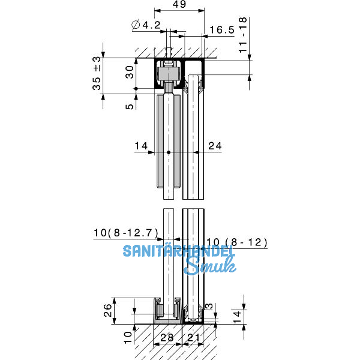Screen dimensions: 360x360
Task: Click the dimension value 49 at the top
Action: tap(180, 5)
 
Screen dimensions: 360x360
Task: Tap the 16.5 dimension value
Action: tap(221, 29)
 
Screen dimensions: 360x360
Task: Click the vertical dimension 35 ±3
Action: tap(97, 76)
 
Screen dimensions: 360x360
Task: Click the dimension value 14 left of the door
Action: tap(140, 145)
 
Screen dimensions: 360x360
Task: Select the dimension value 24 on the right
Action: tap(215, 145)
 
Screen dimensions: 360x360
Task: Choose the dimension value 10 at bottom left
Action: tap(127, 336)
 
